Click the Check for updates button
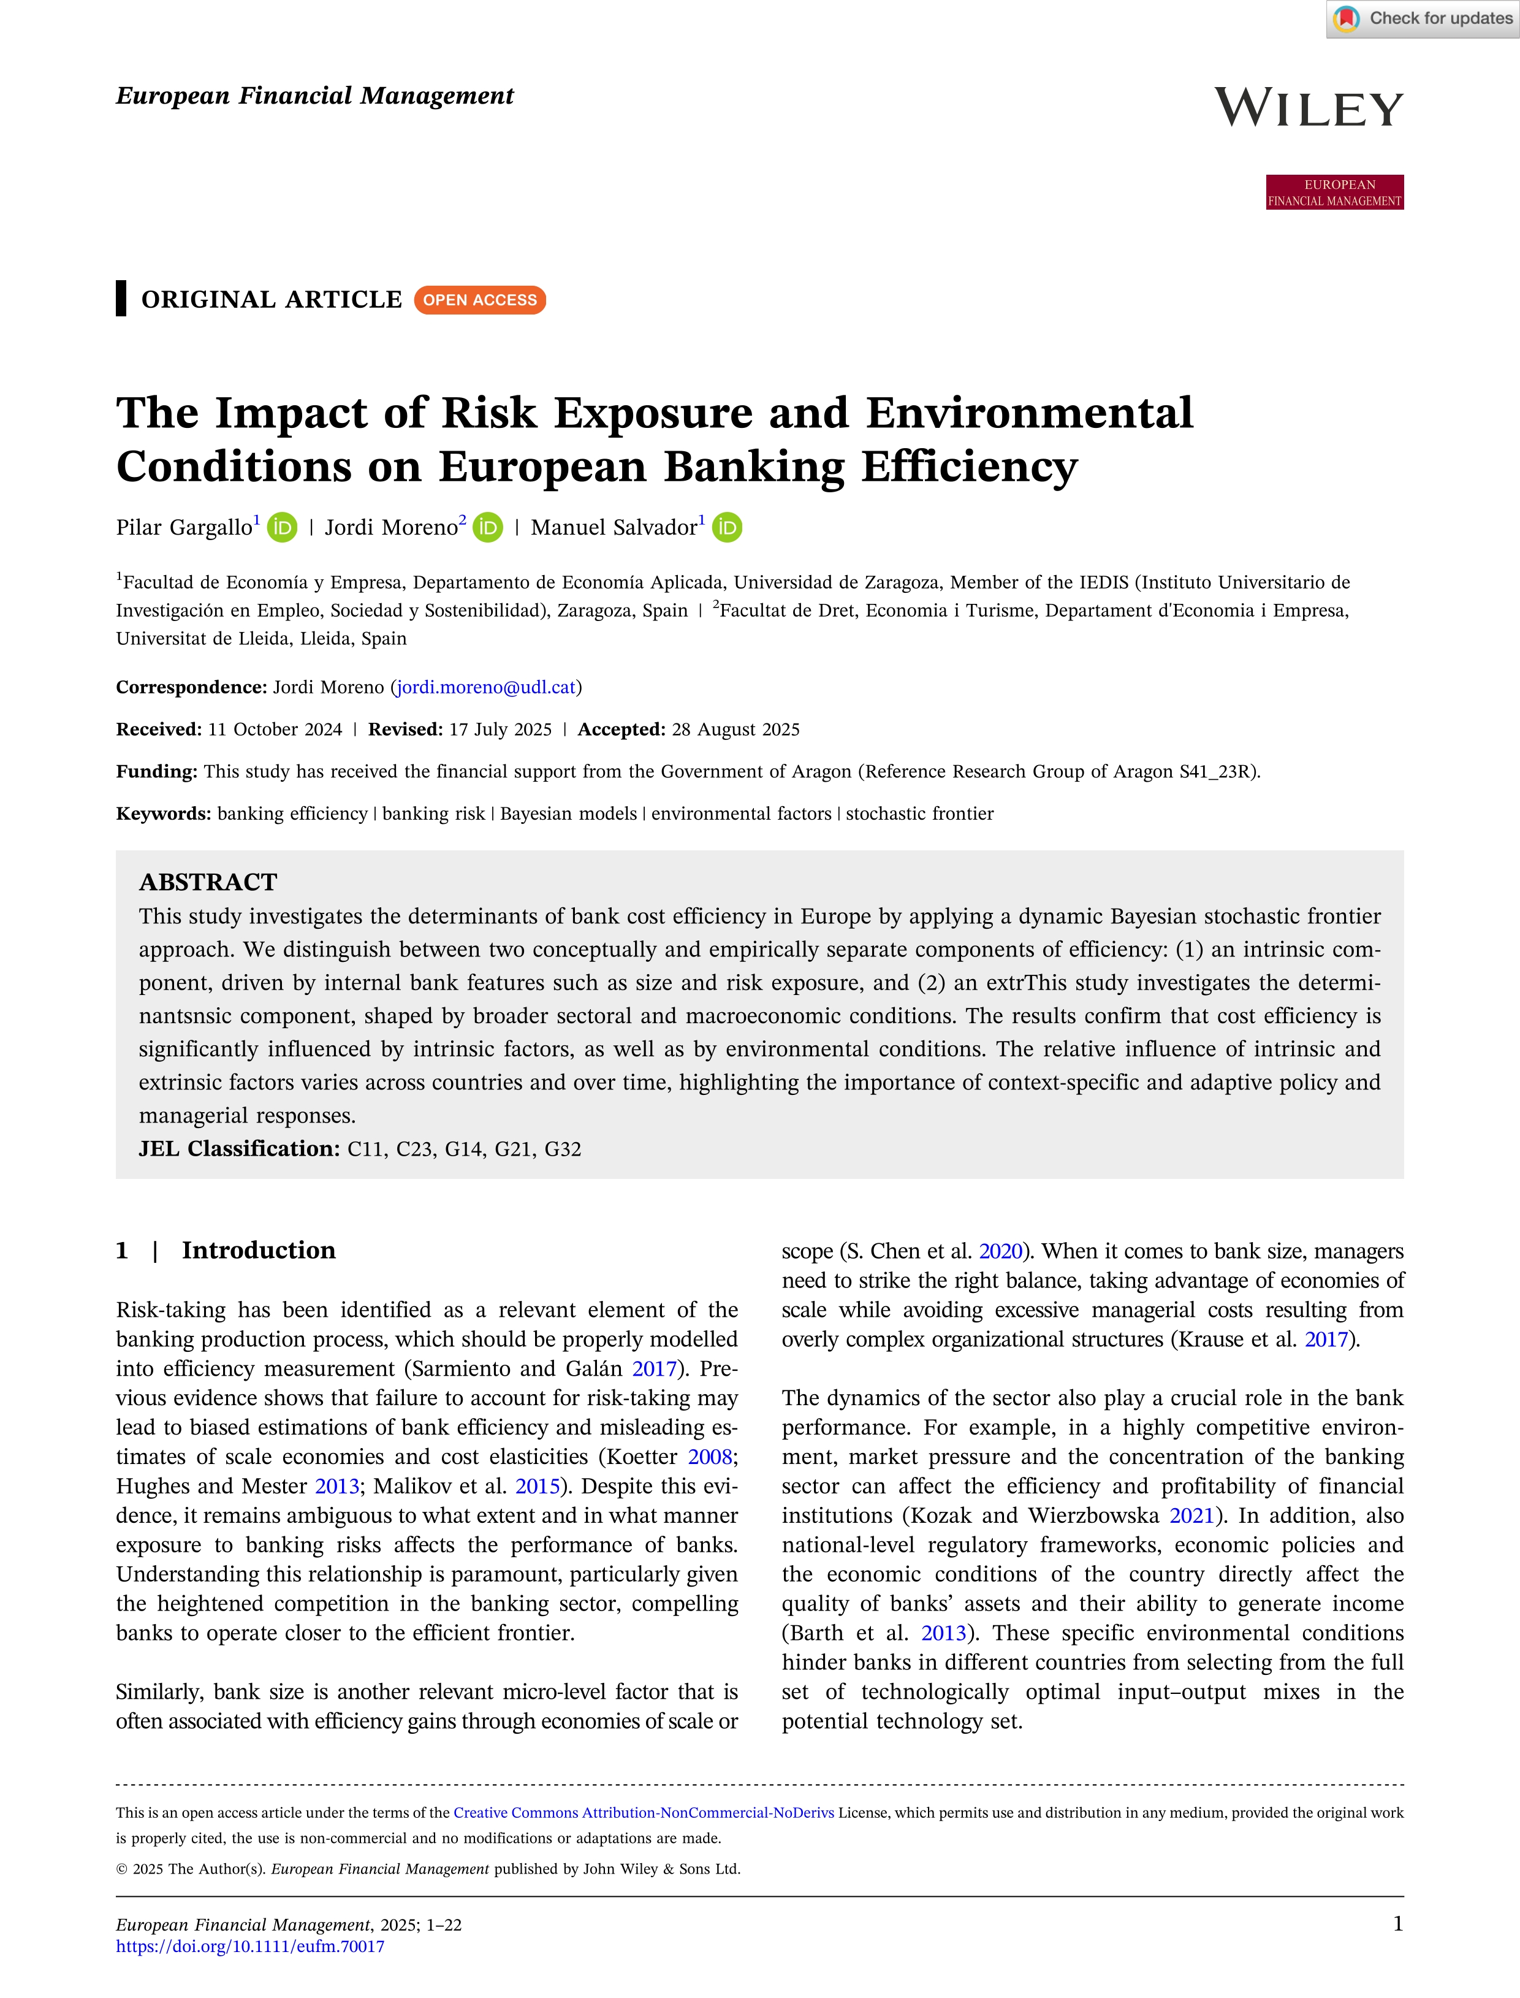point(1423,19)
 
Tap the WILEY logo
point(1309,109)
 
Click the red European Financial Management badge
point(1334,192)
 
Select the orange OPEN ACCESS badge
point(479,300)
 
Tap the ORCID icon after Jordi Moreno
point(488,528)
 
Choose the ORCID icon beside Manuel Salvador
point(726,528)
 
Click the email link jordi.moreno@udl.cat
point(487,687)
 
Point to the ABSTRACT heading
point(208,882)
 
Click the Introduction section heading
point(259,1251)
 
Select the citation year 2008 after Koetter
point(710,1457)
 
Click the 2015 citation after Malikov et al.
point(538,1486)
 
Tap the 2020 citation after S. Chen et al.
point(1001,1251)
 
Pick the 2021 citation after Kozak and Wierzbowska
point(1191,1516)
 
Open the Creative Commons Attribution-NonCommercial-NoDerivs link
point(644,1812)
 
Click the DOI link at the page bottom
point(249,1947)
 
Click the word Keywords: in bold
point(164,814)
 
